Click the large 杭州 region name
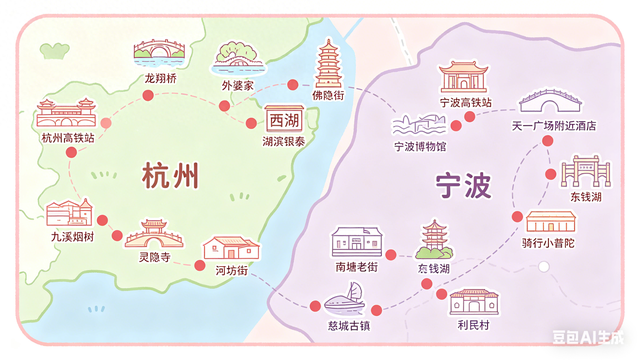170,176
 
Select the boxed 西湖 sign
283,121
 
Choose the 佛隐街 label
327,95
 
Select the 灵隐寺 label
154,256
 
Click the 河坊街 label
231,269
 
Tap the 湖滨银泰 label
284,142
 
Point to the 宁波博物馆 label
420,146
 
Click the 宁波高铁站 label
465,102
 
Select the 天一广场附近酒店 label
553,126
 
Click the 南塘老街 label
357,267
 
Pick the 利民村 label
472,326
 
